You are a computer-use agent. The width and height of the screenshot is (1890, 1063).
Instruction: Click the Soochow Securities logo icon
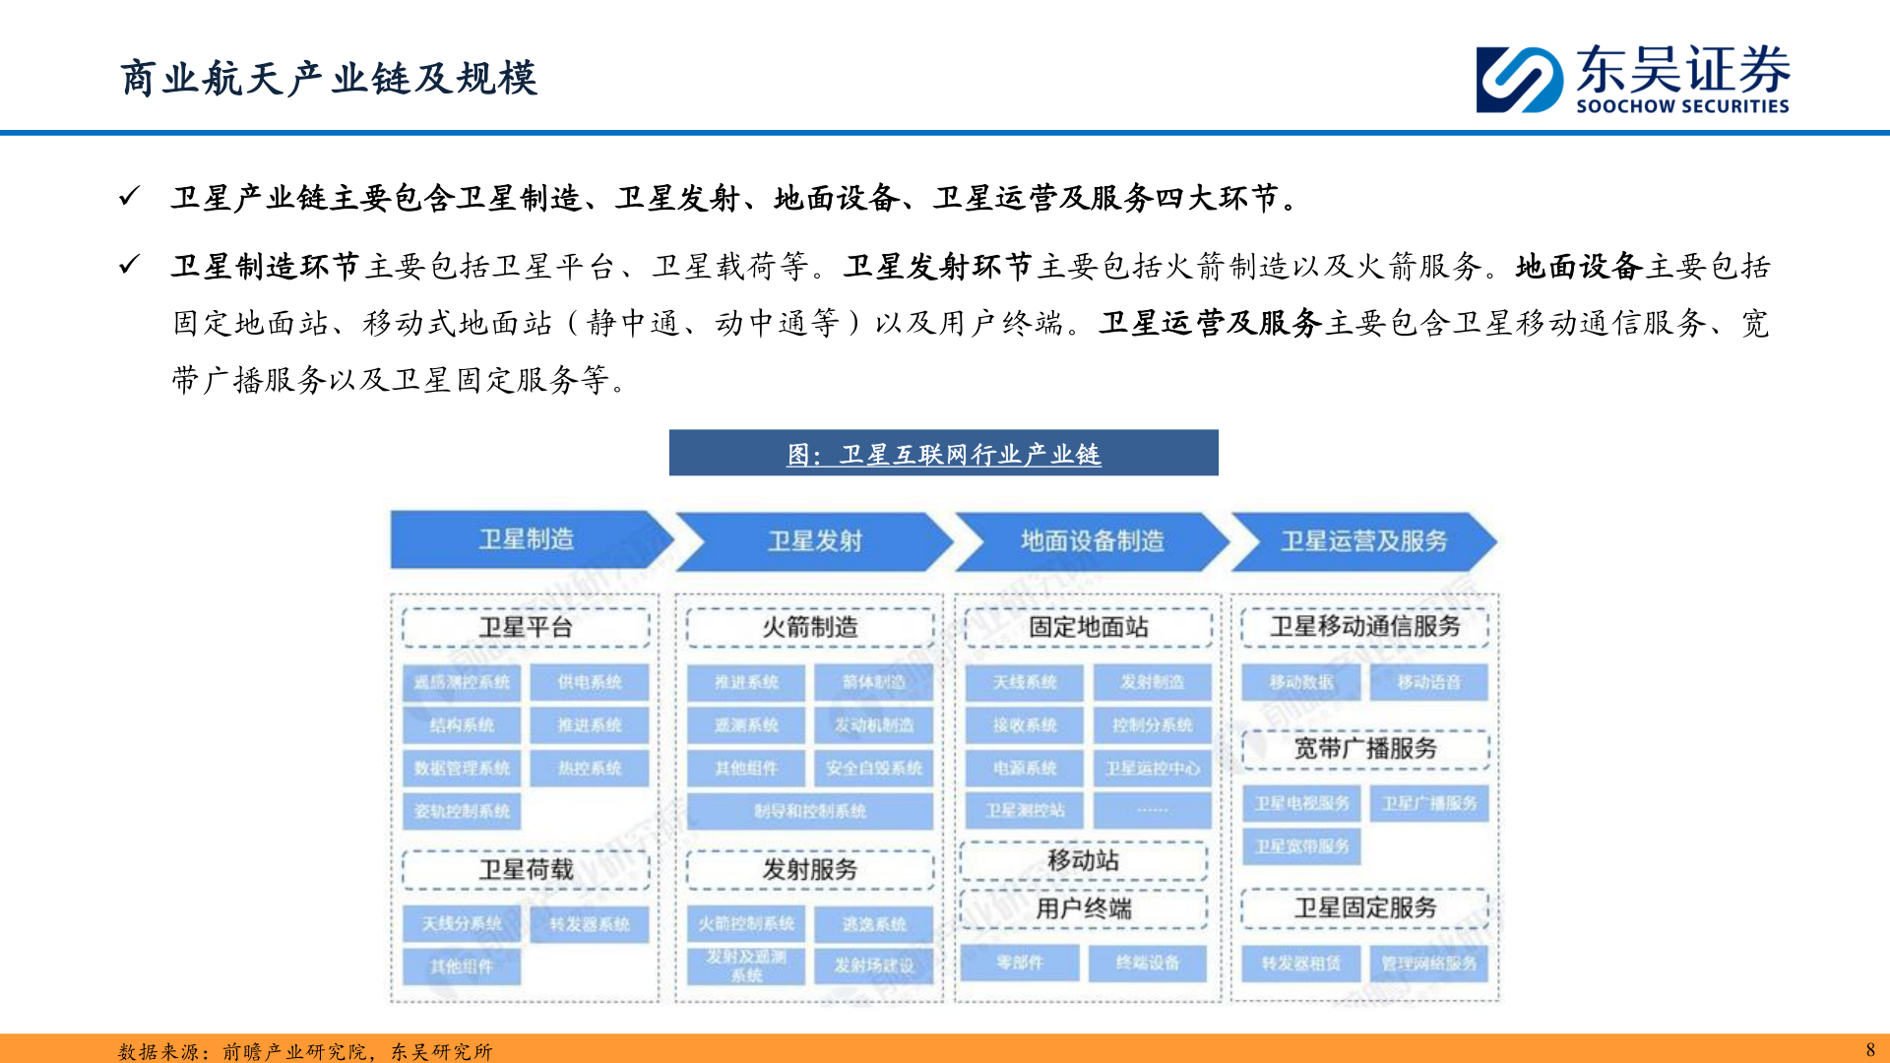1519,79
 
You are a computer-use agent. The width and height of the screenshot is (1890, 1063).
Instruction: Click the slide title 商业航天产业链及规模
329,79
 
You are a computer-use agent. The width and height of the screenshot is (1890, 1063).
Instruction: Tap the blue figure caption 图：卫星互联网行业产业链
943,454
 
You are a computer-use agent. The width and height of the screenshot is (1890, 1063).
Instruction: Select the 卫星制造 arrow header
527,539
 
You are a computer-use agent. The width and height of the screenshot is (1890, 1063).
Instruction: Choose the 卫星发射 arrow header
814,541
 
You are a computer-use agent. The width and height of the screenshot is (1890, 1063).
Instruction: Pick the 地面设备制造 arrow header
1092,541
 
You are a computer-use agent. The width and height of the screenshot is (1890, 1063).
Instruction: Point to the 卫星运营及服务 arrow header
1363,541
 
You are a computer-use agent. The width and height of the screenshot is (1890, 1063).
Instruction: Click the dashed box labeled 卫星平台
526,627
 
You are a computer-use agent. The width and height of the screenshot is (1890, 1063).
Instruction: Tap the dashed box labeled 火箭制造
810,627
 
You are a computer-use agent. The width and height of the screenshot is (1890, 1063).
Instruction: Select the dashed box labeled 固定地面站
1089,627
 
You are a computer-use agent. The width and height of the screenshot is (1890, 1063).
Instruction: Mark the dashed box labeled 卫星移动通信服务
1365,626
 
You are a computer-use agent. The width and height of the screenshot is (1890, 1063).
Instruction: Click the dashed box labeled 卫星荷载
526,869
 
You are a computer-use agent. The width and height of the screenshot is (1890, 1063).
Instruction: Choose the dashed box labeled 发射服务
810,869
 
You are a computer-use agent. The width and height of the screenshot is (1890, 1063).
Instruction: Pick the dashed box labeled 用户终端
1084,908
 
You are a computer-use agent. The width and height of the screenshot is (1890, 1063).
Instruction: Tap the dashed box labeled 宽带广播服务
1365,748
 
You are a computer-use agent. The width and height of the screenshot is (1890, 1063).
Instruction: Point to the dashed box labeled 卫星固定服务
1365,907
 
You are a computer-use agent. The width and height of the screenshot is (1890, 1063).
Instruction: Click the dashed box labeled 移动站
1084,860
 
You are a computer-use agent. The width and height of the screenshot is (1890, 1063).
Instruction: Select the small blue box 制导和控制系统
810,811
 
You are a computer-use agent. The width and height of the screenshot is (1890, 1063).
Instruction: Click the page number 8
1870,1049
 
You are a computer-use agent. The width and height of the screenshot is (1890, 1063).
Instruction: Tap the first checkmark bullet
129,197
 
